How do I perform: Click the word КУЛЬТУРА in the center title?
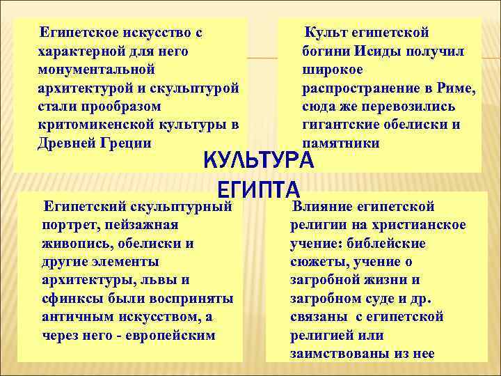[259, 160]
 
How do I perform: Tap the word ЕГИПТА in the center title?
[259, 189]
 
